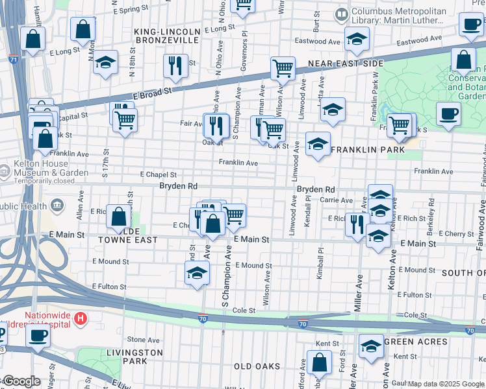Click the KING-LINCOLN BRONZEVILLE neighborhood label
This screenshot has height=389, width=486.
pyautogui.click(x=165, y=36)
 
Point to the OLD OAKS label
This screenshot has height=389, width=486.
pyautogui.click(x=257, y=366)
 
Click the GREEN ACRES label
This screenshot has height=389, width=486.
pyautogui.click(x=416, y=342)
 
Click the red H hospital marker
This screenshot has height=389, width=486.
pyautogui.click(x=81, y=318)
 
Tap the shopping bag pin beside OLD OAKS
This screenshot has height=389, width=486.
pyautogui.click(x=318, y=362)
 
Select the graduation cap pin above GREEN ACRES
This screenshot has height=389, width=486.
pyautogui.click(x=372, y=345)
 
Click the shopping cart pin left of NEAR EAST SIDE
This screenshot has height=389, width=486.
pyautogui.click(x=283, y=67)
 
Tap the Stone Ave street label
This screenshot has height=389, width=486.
pyautogui.click(x=139, y=339)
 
